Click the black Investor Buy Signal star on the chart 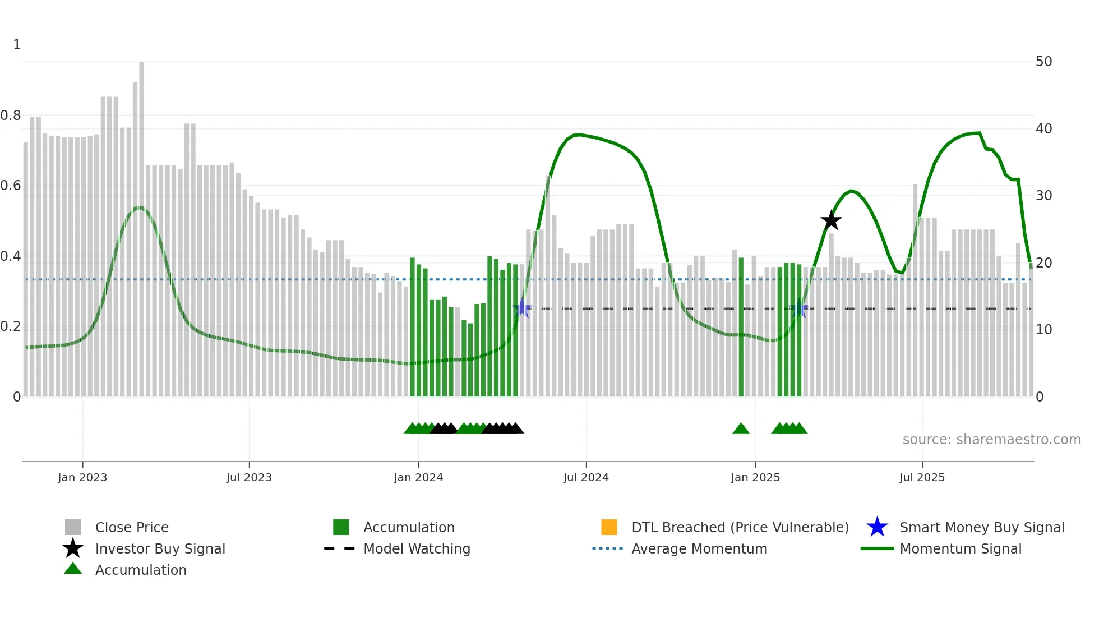click(831, 220)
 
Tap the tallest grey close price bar click(141, 224)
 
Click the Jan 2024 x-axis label click(418, 477)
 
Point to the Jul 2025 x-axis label click(922, 477)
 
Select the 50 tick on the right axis click(1043, 62)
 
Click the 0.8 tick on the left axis click(11, 116)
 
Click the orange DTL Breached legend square click(609, 527)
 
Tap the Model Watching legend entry click(416, 548)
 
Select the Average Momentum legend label click(699, 548)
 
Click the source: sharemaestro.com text click(991, 439)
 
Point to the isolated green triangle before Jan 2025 click(741, 429)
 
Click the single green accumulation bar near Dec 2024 click(741, 331)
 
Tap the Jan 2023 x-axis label click(82, 477)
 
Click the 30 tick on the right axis click(1043, 196)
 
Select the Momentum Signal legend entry click(960, 548)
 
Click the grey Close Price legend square click(73, 527)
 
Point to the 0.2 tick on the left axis click(11, 326)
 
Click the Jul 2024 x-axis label click(586, 477)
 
